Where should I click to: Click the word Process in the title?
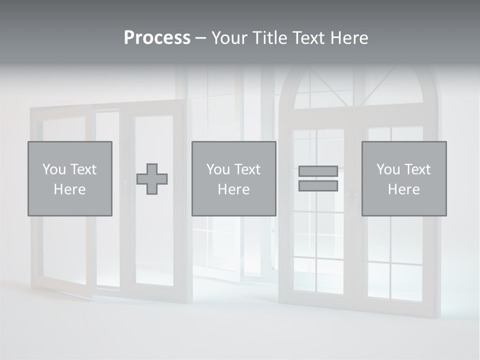click(157, 38)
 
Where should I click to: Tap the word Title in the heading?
click(270, 38)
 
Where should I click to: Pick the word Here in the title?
click(350, 38)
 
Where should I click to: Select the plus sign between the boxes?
click(152, 179)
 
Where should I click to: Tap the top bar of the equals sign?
click(318, 171)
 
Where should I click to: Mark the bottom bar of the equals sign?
click(318, 186)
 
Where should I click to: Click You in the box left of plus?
click(54, 169)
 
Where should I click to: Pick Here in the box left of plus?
click(69, 189)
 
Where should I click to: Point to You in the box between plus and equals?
click(218, 169)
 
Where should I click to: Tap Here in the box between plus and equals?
click(233, 189)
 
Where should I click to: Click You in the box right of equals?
click(388, 169)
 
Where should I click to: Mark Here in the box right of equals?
click(403, 189)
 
